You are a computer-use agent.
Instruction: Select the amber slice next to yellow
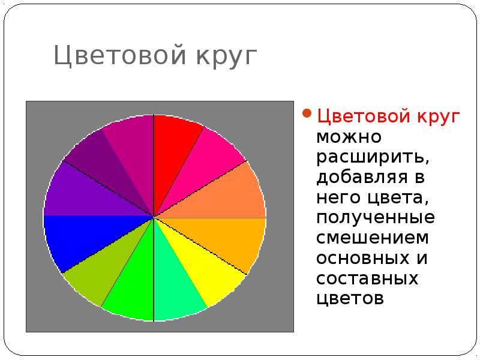pos(231,240)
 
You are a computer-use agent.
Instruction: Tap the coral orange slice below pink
pos(231,192)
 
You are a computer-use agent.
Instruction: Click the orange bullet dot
pos(306,114)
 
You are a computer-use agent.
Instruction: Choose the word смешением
pos(373,238)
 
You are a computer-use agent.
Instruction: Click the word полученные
pos(376,217)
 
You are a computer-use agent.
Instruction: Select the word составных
pos(367,278)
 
